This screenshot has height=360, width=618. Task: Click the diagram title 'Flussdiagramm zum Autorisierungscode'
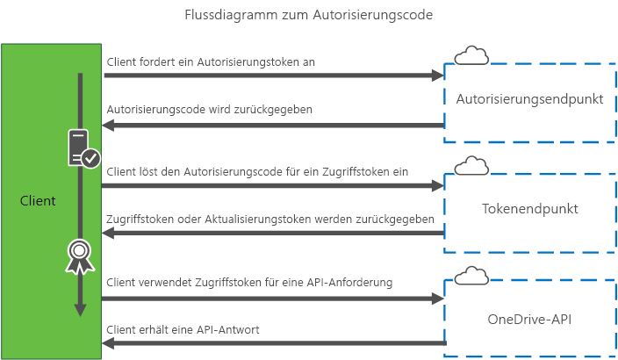(x=309, y=16)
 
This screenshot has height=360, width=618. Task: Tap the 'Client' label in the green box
(x=38, y=201)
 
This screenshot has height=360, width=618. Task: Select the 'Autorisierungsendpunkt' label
(x=530, y=99)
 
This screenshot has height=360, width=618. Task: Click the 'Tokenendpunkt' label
(x=530, y=209)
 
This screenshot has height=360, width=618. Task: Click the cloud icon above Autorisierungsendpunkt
(x=471, y=55)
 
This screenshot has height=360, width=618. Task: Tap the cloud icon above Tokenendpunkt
(x=471, y=165)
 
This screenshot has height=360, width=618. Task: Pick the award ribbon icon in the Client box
(x=80, y=255)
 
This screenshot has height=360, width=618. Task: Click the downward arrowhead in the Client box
(x=80, y=308)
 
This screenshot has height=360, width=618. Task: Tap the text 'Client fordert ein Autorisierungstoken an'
(x=211, y=61)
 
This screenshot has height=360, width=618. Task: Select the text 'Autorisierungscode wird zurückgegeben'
(x=209, y=110)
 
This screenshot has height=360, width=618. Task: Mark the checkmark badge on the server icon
(x=90, y=158)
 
